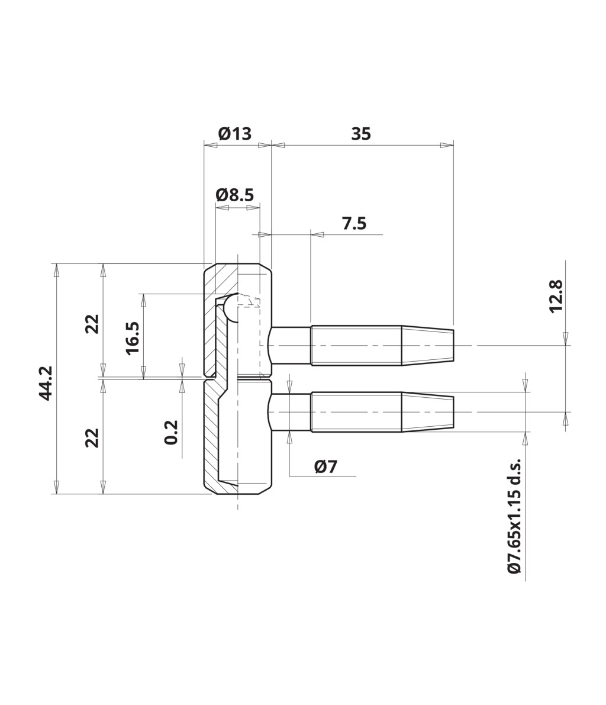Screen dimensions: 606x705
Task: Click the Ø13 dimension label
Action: pos(234,134)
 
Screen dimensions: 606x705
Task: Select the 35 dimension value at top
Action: pos(361,134)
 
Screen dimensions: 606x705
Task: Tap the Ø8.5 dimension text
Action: pos(235,195)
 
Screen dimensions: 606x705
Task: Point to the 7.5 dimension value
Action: pos(354,224)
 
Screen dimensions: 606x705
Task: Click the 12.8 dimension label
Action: pos(556,296)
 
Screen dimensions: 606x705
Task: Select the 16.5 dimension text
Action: pos(133,338)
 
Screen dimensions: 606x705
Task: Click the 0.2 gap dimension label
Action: pos(171,433)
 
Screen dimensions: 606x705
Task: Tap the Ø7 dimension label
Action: pos(326,466)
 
